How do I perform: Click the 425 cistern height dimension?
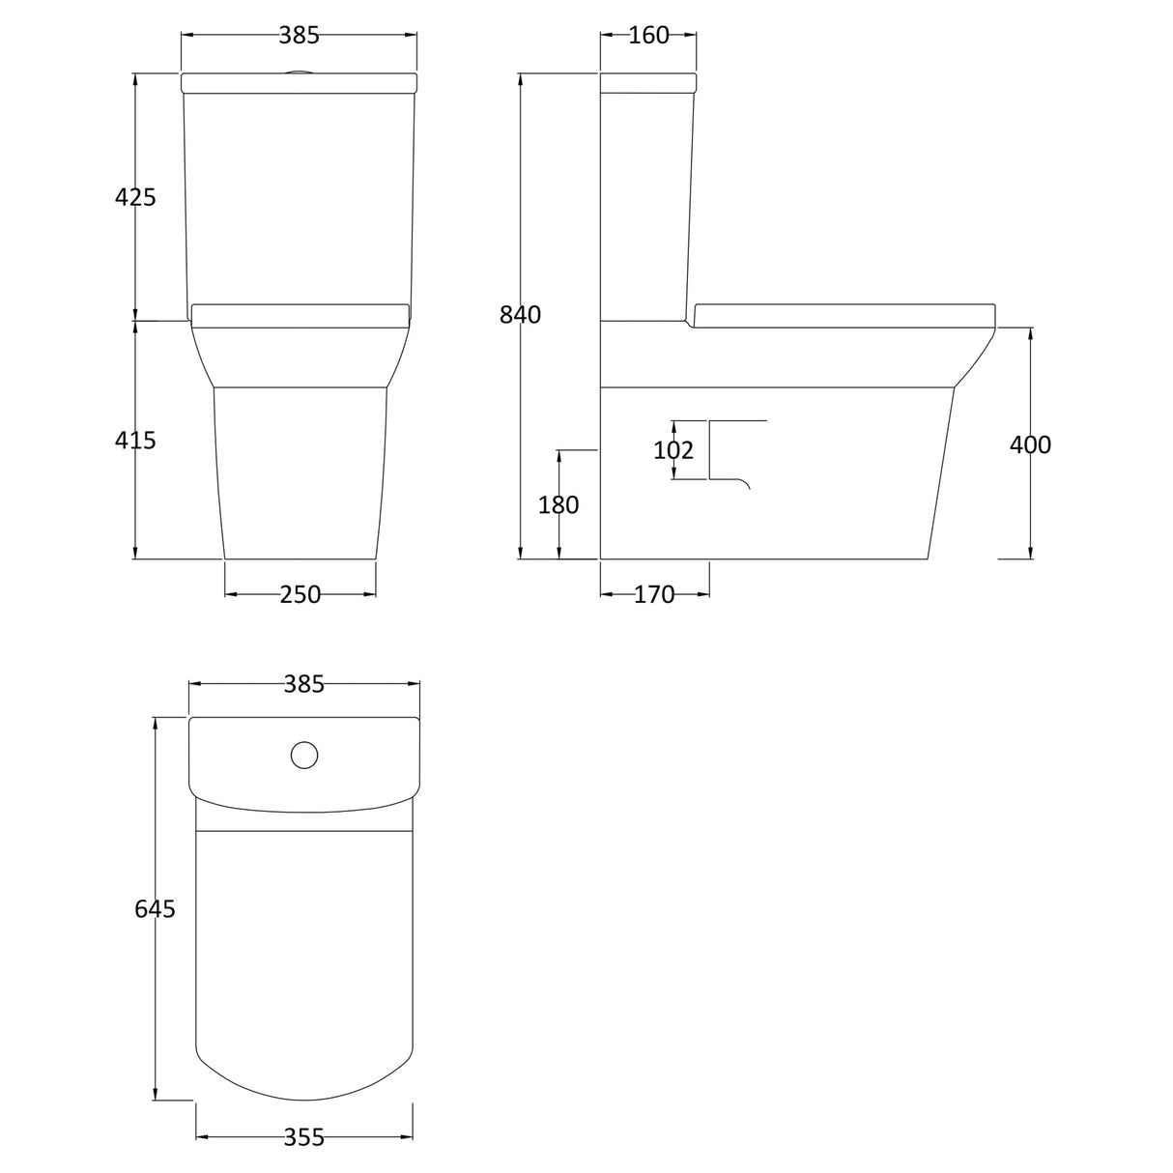point(134,197)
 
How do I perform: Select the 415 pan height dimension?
point(134,441)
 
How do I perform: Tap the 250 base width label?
point(300,595)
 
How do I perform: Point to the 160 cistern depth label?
point(648,36)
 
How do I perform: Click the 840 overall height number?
point(520,315)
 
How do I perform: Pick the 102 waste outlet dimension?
point(673,450)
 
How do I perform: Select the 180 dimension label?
point(558,505)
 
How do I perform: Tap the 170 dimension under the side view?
point(654,595)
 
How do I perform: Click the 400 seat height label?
point(1030,444)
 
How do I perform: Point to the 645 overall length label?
point(155,909)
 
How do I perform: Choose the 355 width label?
point(304,1138)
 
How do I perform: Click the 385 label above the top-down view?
point(304,685)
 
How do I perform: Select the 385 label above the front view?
point(300,36)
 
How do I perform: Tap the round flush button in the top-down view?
point(304,755)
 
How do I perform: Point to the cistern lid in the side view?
point(647,83)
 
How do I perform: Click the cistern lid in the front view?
point(300,83)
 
